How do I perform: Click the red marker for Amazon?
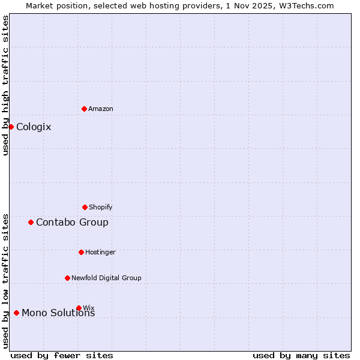pos(84,109)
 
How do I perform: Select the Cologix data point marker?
pos(11,127)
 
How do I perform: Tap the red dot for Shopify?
pos(85,207)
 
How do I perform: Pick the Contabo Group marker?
pos(31,222)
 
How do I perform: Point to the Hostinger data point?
pos(81,252)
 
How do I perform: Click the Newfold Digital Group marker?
pos(67,278)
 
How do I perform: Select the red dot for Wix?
pos(79,308)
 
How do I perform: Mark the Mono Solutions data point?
pos(16,313)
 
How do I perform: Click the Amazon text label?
pos(101,109)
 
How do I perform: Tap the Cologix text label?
pos(34,127)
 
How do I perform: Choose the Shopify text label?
pos(101,207)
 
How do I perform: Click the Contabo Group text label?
pos(72,222)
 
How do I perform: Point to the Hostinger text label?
pos(100,252)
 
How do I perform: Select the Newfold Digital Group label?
pos(106,278)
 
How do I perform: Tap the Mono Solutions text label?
pos(58,313)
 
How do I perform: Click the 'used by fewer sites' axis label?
pos(62,355)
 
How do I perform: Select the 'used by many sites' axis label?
pos(301,355)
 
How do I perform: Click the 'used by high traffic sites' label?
pos(5,85)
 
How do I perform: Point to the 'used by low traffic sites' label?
pos(5,280)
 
